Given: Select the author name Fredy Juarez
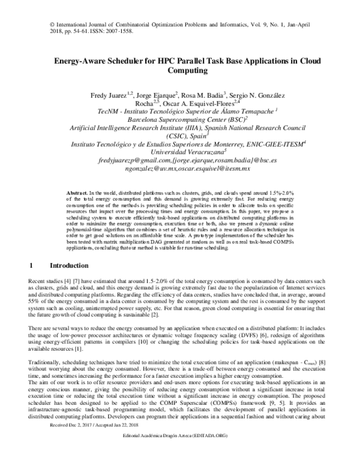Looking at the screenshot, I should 109,95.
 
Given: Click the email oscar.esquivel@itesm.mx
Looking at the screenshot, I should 220,170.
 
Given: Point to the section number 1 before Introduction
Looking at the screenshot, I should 31,265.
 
